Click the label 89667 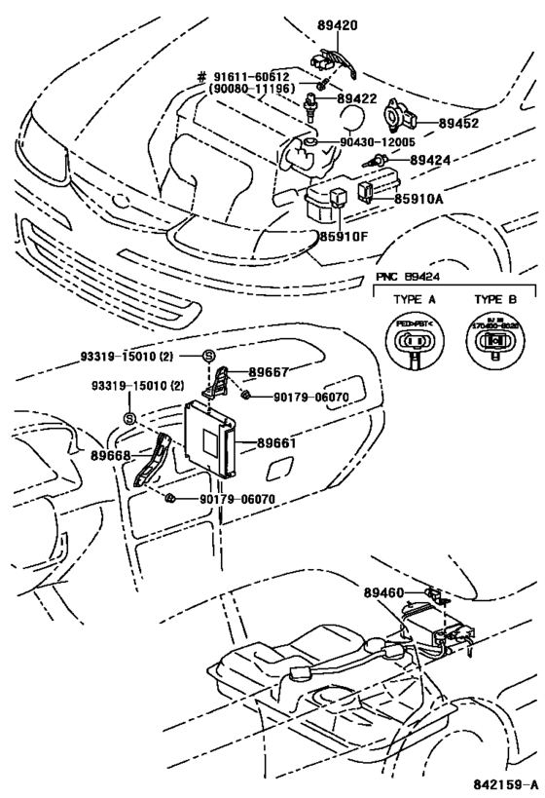coord(269,371)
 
